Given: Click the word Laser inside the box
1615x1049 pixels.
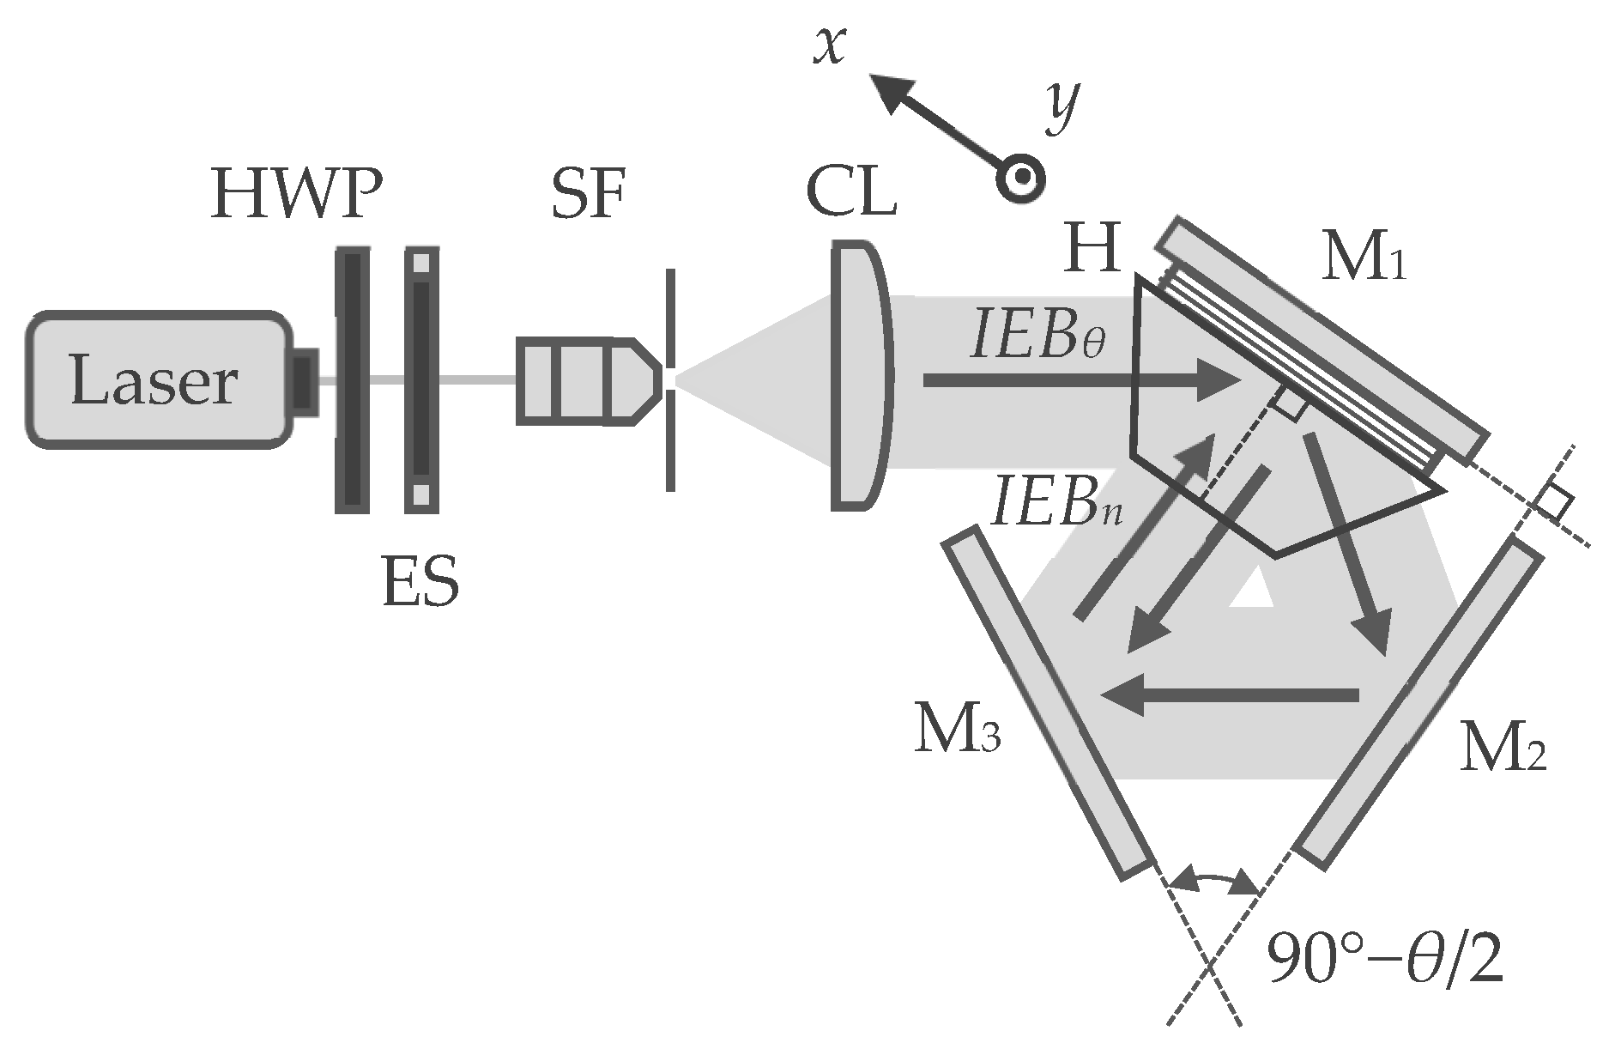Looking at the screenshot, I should tap(154, 380).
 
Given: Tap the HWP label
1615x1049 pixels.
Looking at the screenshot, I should tap(295, 197).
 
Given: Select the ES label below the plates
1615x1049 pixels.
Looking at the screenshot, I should tap(420, 581).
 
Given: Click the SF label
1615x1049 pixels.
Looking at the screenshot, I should tap(588, 195).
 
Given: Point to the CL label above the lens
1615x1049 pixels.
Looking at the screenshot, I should tap(851, 195).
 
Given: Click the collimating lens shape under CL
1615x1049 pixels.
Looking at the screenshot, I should tap(860, 375).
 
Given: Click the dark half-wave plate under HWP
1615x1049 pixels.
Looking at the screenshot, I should tap(352, 380).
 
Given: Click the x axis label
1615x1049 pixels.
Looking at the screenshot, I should tap(831, 45).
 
